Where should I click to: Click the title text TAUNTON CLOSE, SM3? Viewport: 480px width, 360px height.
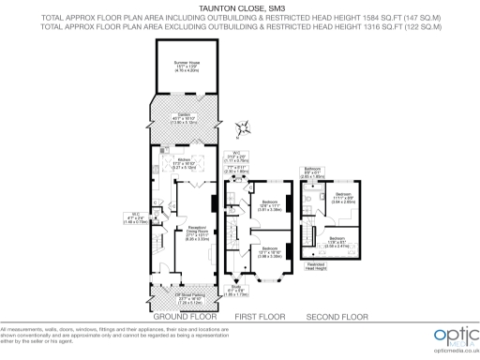coord(239,6)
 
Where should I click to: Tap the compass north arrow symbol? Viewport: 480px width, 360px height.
coord(245,127)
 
